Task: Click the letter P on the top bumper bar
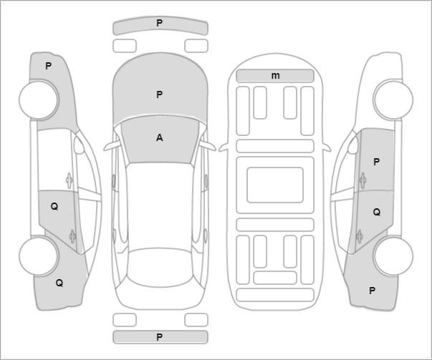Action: point(159,23)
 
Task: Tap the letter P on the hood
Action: point(159,95)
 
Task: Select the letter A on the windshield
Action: point(159,137)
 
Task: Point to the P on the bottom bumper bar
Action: point(159,337)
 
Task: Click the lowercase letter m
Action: point(275,75)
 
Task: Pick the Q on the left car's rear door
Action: point(54,207)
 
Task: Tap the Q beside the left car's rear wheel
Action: point(59,283)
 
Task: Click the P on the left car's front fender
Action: point(48,66)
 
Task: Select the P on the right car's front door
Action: point(376,162)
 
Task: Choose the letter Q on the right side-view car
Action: point(377,212)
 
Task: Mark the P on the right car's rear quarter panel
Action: point(373,291)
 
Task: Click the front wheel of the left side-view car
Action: point(39,100)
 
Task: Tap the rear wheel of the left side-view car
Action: point(39,256)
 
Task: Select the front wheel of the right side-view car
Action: point(393,99)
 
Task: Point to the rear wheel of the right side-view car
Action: point(393,256)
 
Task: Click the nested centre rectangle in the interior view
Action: point(275,185)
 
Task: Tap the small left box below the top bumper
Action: point(125,46)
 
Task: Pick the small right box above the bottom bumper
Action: point(196,320)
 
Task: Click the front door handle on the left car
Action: point(69,180)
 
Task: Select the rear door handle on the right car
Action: point(359,236)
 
